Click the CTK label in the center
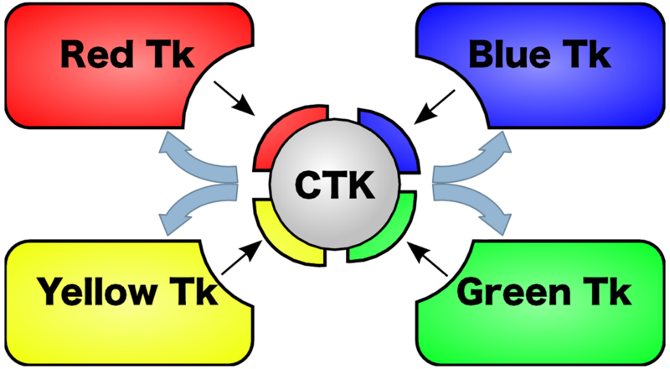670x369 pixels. coord(335,184)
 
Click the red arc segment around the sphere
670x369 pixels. coord(281,138)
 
